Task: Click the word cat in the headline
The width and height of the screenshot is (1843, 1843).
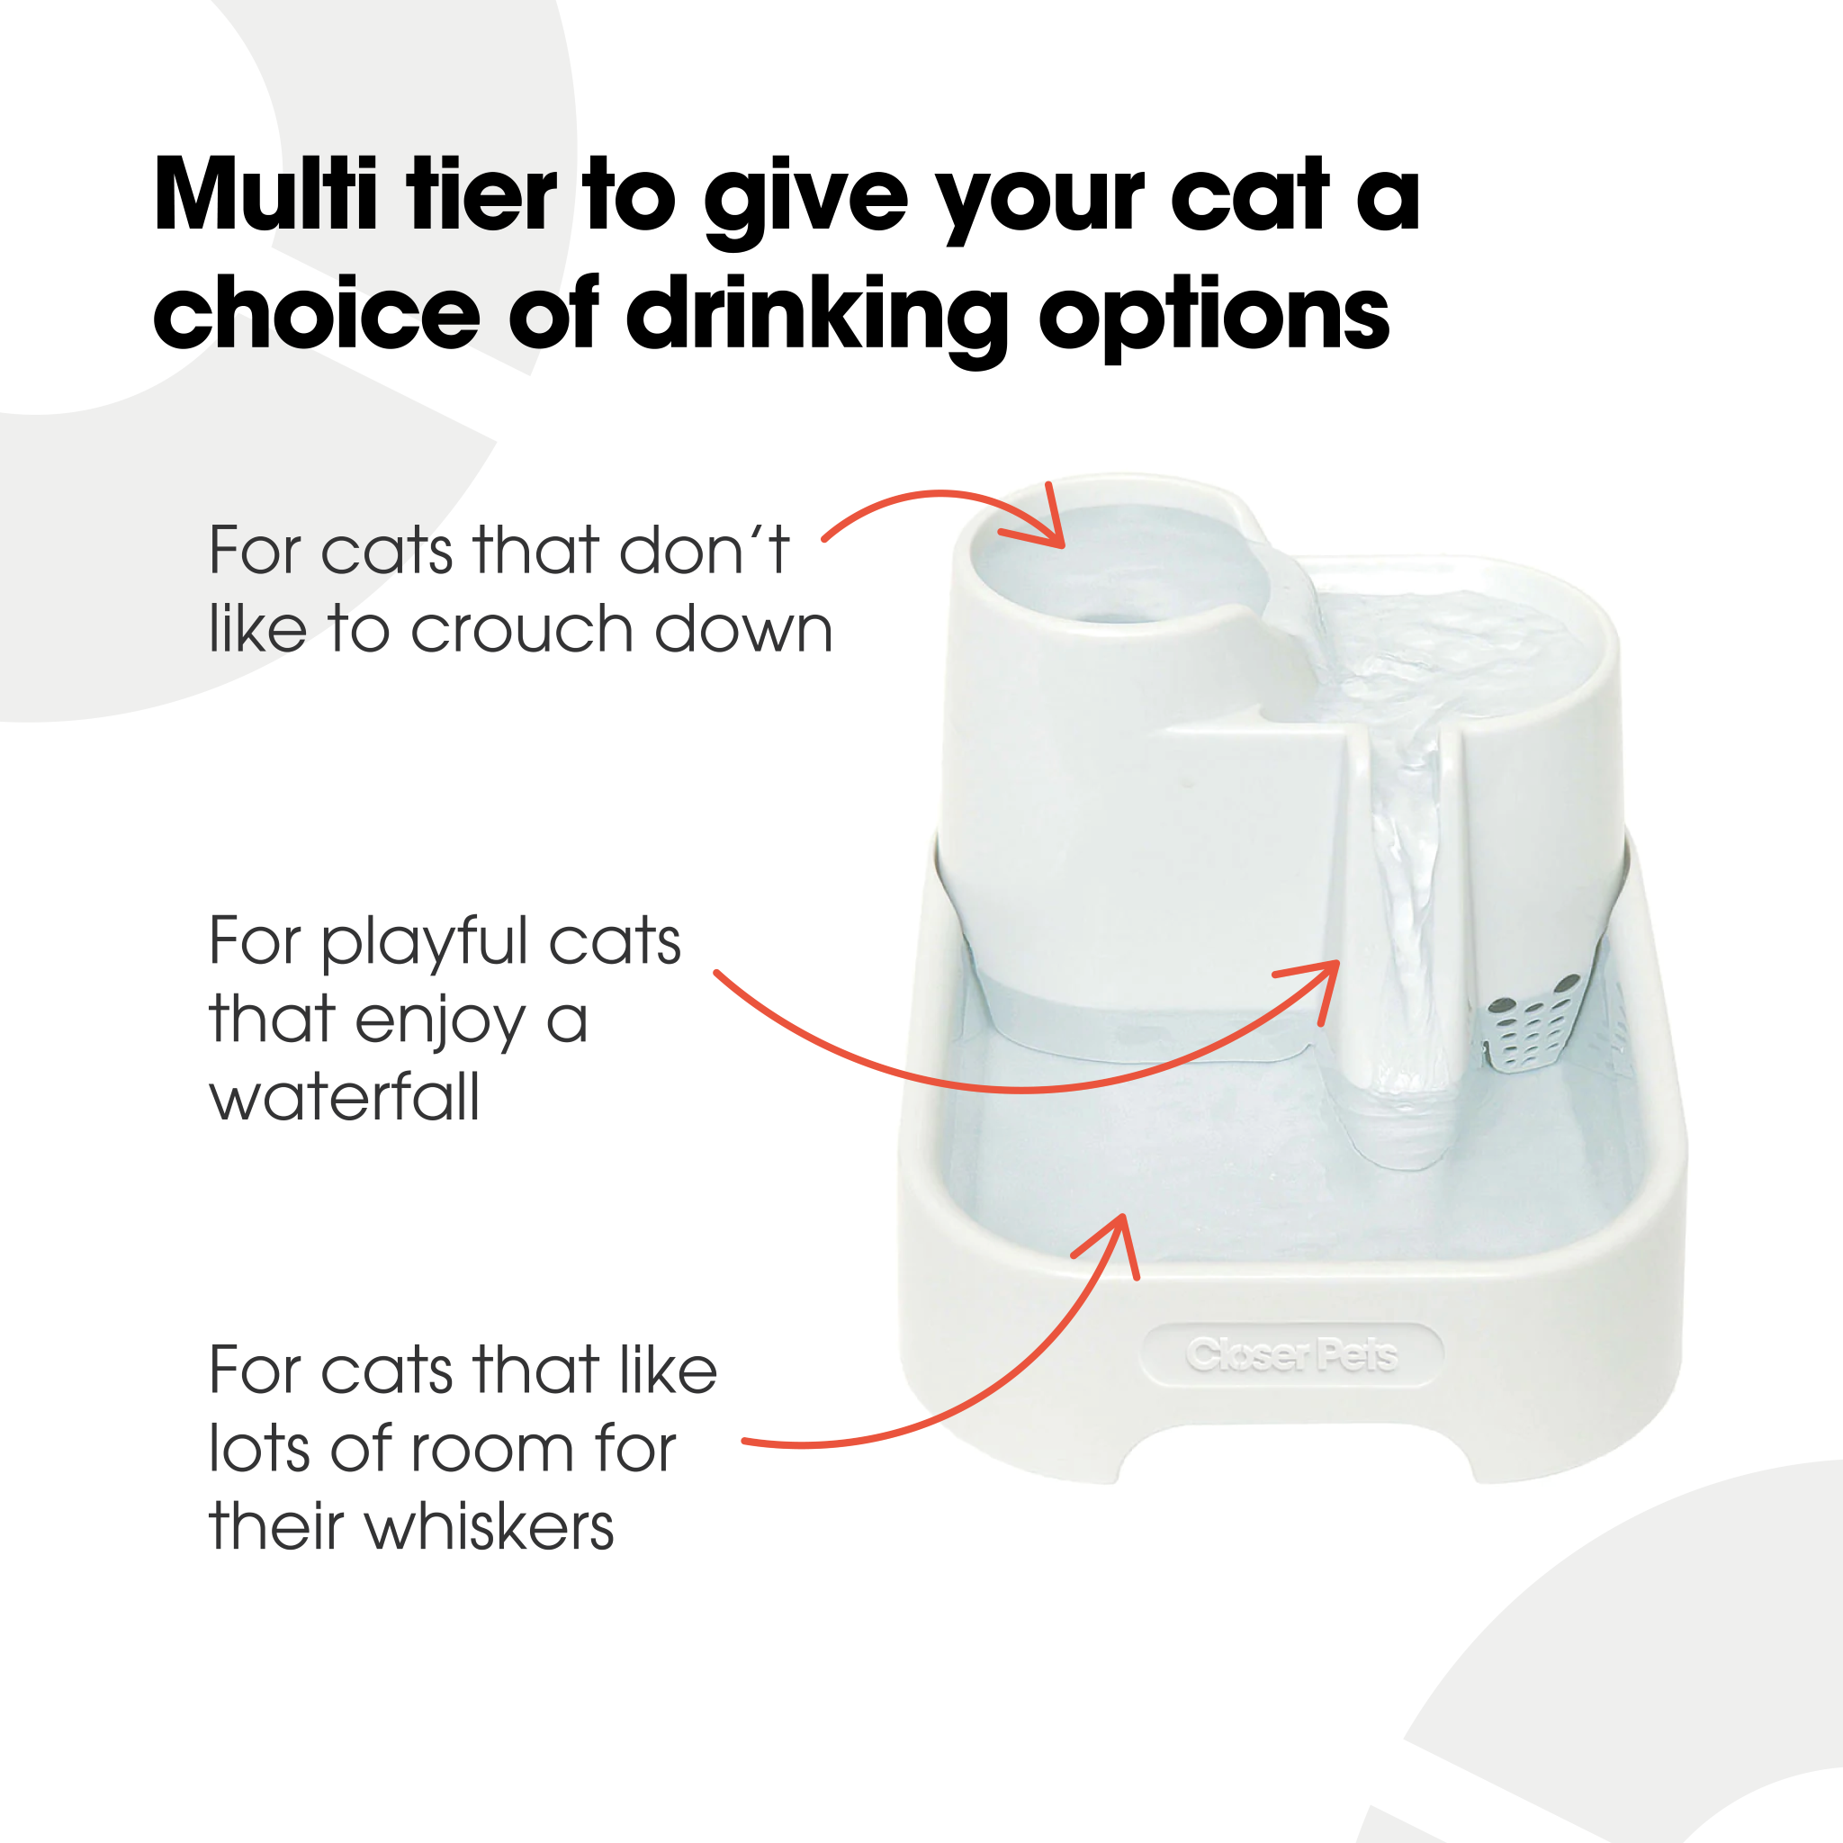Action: point(1249,195)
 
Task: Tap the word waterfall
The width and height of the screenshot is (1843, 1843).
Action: point(344,1098)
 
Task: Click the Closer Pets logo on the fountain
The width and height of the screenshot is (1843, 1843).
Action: point(1291,1354)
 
